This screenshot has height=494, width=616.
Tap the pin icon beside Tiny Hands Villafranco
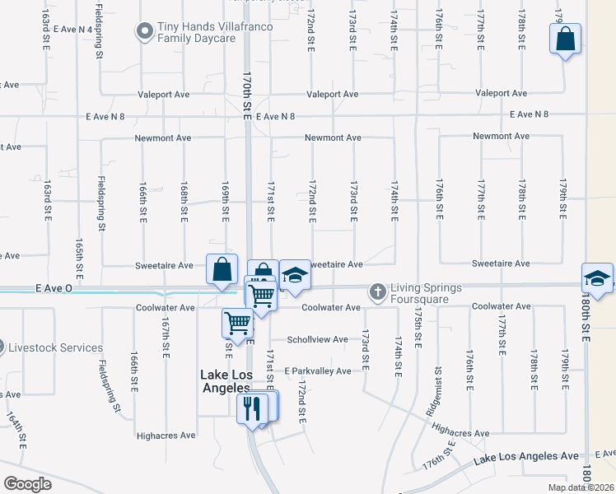coord(145,31)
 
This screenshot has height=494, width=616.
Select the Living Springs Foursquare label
coord(427,292)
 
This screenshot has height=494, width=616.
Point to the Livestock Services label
coord(55,347)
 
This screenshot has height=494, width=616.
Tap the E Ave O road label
coord(54,289)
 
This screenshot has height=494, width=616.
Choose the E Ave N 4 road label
coord(72,29)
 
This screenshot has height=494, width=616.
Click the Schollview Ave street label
coord(317,339)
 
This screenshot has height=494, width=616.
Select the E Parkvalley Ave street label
coord(318,370)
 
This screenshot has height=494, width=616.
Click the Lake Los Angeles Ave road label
coord(525,455)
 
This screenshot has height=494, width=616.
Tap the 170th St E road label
coord(246,96)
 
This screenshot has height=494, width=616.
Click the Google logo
coord(27,484)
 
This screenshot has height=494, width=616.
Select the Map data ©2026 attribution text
coord(581,487)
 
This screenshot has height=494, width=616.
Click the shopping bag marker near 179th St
coord(566,39)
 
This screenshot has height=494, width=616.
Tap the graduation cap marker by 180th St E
coord(597,277)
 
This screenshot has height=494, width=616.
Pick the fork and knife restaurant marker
coord(250,407)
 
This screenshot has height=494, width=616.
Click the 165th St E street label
coord(79,257)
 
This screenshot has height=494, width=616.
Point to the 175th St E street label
coord(418,328)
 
